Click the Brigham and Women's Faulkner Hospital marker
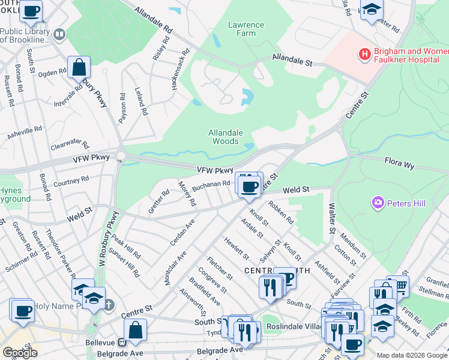pyautogui.click(x=364, y=55)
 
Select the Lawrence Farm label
pyautogui.click(x=246, y=29)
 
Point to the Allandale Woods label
pyautogui.click(x=226, y=137)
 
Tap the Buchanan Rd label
pyautogui.click(x=211, y=186)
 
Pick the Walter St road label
pyautogui.click(x=331, y=218)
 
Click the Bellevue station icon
pyautogui.click(x=122, y=343)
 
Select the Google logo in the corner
pyautogui.click(x=20, y=352)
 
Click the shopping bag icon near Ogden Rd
pyautogui.click(x=79, y=67)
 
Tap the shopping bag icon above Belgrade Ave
pyautogui.click(x=136, y=329)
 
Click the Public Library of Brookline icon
pyautogui.click(x=59, y=35)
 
